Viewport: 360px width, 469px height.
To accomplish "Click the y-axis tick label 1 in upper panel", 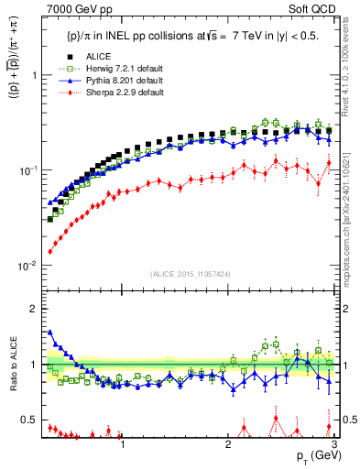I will tap(33, 75).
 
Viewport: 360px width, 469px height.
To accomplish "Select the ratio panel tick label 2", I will tap(33, 308).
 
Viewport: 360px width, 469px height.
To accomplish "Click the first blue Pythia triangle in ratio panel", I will tap(49, 333).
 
